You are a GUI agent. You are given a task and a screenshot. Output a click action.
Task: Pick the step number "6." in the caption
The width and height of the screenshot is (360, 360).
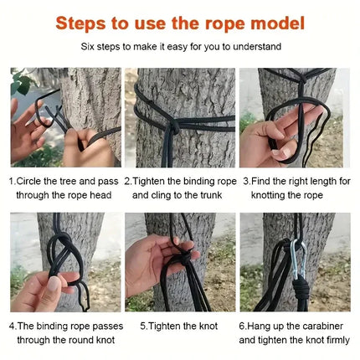point(243,326)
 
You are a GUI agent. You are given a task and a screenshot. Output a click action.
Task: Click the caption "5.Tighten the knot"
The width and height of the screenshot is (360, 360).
point(179,326)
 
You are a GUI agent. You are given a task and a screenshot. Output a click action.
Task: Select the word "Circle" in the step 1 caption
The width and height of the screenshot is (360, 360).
point(32,181)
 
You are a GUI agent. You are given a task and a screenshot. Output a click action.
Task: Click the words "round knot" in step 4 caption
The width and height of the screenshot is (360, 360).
point(88,341)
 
